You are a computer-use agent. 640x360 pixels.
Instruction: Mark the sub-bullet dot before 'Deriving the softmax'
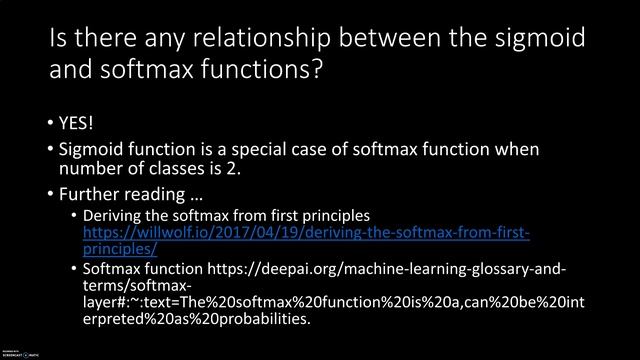pyautogui.click(x=73, y=216)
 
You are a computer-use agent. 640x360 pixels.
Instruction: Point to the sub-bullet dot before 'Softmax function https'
pyautogui.click(x=73, y=270)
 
